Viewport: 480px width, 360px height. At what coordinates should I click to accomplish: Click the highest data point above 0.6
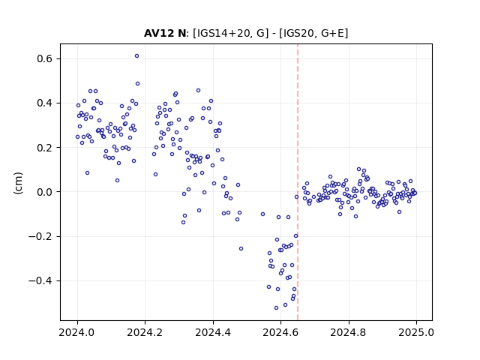(136, 55)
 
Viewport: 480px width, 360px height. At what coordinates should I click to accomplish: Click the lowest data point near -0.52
(277, 307)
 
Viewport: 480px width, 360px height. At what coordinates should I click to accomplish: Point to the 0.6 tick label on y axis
(44, 58)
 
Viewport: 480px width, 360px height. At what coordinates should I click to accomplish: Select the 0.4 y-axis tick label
(44, 103)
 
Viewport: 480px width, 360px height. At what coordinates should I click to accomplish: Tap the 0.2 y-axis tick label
(44, 148)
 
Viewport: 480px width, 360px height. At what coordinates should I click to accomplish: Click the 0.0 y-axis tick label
(44, 192)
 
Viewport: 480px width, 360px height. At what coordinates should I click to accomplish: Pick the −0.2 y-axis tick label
(40, 236)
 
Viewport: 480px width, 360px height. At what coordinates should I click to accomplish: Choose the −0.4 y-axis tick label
(40, 280)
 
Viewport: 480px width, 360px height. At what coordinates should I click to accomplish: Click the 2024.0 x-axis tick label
(77, 332)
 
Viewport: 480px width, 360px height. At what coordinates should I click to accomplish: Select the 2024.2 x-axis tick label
(145, 332)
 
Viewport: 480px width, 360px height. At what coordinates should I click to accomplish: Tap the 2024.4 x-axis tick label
(213, 332)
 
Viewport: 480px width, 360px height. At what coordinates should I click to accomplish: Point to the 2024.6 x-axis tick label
(280, 332)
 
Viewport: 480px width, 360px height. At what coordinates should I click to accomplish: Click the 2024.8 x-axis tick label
(348, 332)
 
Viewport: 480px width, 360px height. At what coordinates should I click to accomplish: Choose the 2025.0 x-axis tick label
(416, 332)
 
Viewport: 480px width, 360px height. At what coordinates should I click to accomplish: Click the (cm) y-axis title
(18, 183)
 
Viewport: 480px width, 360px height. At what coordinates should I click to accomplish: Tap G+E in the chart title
(332, 33)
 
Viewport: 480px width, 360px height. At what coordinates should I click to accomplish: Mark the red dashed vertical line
(298, 182)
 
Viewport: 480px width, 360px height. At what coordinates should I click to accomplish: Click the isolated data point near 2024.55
(262, 214)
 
